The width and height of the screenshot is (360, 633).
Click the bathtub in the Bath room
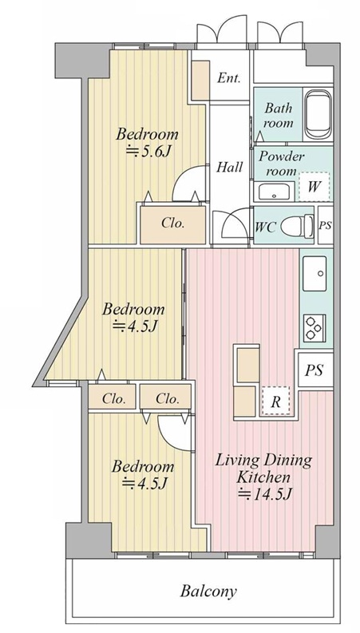click(318, 115)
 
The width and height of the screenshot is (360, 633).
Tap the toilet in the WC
click(297, 226)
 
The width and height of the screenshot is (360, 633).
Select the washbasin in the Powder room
click(274, 192)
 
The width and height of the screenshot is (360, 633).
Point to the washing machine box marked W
click(314, 187)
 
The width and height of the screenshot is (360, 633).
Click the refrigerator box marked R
click(275, 401)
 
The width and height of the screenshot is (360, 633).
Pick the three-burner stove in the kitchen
click(315, 328)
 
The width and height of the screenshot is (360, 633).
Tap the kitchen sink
click(315, 273)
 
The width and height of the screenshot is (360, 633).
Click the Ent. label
click(228, 77)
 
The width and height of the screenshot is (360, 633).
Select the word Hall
click(230, 167)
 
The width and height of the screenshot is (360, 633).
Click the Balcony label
click(208, 591)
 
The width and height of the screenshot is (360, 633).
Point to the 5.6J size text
click(148, 152)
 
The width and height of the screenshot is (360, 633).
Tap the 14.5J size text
click(264, 493)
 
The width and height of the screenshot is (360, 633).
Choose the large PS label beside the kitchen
click(315, 370)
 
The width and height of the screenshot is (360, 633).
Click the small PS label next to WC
click(326, 225)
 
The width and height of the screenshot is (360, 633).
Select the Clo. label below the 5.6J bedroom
click(172, 224)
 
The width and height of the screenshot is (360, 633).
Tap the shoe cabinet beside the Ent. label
click(200, 81)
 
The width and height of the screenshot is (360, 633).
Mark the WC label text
click(265, 227)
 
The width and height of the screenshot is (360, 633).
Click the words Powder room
click(281, 164)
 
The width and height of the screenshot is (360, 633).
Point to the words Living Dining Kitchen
click(263, 469)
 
